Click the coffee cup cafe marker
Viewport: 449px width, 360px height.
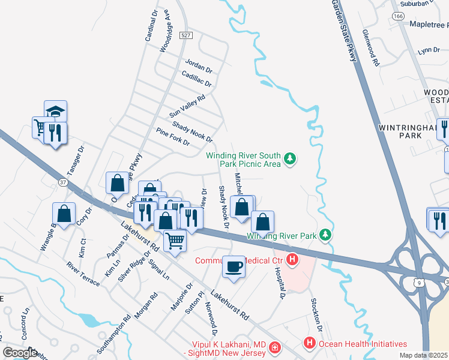point(234,266)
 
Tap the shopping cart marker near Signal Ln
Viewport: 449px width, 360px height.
point(175,241)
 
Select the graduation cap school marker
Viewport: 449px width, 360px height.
point(55,112)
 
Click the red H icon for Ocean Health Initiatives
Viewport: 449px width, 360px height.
point(310,344)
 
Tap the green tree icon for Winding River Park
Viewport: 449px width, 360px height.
point(325,234)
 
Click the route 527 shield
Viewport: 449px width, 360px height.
point(186,36)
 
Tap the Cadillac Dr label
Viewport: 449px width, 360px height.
point(196,79)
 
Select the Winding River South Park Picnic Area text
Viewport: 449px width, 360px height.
point(243,159)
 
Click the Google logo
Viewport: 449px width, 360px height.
point(19,353)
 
